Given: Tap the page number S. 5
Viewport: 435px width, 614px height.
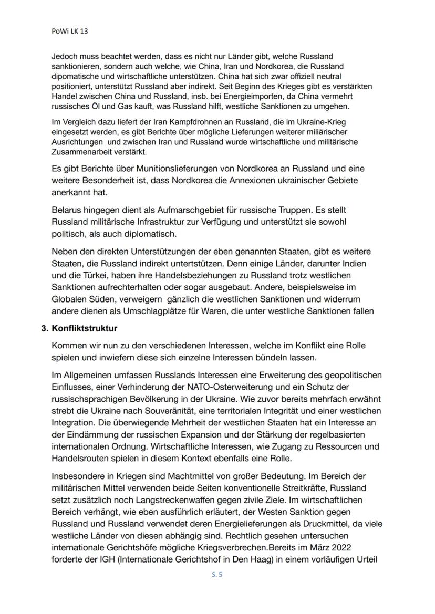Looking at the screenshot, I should point(217,575).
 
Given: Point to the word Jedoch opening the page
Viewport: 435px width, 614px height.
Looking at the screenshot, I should point(64,56).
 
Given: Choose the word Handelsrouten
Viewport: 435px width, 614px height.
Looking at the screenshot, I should point(80,457).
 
